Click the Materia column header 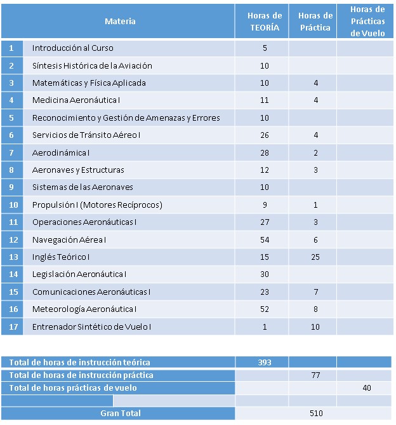click(120, 22)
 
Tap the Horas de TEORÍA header click(265, 22)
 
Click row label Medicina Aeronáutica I click(76, 100)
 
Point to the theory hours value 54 click(265, 239)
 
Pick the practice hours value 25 click(315, 257)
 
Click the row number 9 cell click(12, 187)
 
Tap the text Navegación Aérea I click(69, 239)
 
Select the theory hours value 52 click(265, 309)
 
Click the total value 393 click(265, 362)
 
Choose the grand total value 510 click(315, 414)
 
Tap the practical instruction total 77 click(315, 375)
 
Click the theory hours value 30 click(265, 274)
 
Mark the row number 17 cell click(12, 327)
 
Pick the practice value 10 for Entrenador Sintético click(315, 327)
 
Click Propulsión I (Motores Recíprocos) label click(97, 205)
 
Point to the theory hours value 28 click(265, 152)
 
